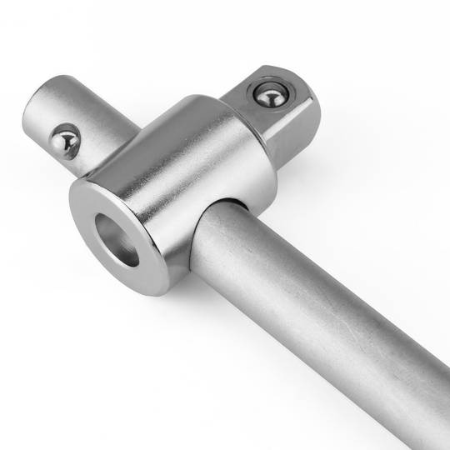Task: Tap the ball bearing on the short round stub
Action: click(65, 141)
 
